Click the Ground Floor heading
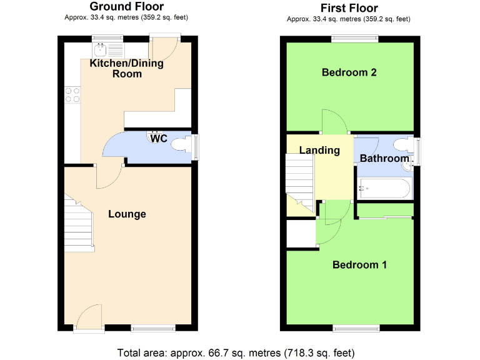[x=127, y=7]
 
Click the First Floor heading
[x=349, y=8]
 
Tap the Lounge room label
[x=127, y=214]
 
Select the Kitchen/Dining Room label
[x=127, y=69]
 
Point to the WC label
[x=159, y=139]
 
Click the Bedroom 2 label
[x=349, y=72]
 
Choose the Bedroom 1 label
[x=359, y=265]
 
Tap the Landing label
[x=319, y=150]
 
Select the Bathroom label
[x=384, y=159]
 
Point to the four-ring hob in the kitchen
[x=72, y=94]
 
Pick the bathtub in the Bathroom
[x=384, y=187]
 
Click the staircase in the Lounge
[x=78, y=229]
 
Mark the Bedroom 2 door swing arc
[x=334, y=121]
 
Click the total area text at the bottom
[x=239, y=352]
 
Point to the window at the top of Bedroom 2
[x=354, y=39]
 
